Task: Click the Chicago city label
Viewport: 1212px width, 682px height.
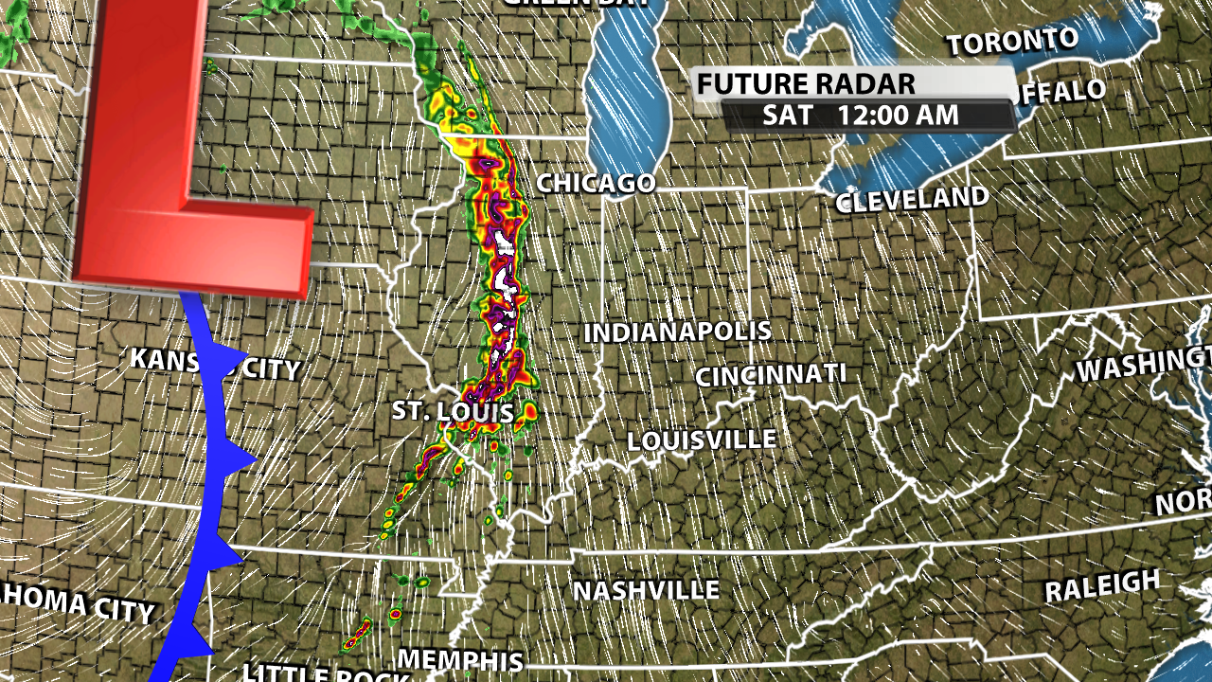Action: point(597,183)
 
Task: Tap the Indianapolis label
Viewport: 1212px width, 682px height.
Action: point(677,332)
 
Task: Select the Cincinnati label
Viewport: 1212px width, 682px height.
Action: point(770,375)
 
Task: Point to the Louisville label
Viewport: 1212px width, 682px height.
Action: point(702,440)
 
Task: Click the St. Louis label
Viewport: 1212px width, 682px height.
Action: point(453,412)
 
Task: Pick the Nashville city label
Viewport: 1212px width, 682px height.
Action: point(646,591)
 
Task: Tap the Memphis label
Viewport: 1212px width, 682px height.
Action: point(460,660)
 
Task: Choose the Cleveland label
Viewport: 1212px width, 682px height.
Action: point(912,200)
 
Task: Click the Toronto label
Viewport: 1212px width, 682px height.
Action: point(1012,42)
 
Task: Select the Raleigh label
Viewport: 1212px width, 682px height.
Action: point(1101,587)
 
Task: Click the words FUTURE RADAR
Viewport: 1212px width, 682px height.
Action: point(806,84)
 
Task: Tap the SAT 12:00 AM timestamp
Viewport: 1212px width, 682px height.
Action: point(860,117)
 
